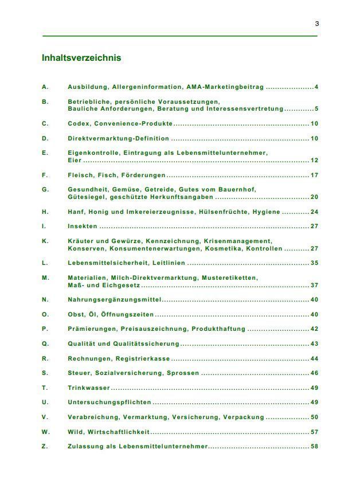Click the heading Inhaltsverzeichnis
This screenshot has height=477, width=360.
click(81, 58)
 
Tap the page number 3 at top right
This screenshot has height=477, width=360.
click(317, 24)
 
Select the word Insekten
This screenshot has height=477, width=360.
click(83, 226)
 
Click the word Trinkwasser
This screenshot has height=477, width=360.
click(89, 388)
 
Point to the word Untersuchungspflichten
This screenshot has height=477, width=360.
click(109, 402)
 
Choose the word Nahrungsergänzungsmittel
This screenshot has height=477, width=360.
click(115, 300)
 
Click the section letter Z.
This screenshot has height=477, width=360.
click(45, 447)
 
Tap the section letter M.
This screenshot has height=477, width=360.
click(45, 277)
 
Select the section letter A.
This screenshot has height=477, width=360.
click(45, 87)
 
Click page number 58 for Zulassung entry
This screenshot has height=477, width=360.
click(314, 447)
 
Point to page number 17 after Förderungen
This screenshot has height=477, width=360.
click(314, 175)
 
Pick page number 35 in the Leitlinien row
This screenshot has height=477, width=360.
click(314, 263)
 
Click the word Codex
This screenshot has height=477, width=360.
click(79, 124)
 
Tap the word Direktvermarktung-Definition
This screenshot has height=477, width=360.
click(119, 138)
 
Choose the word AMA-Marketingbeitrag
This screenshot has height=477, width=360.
click(225, 87)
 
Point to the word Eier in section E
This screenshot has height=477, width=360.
click(75, 161)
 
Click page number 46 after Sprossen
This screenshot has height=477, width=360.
click(314, 373)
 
